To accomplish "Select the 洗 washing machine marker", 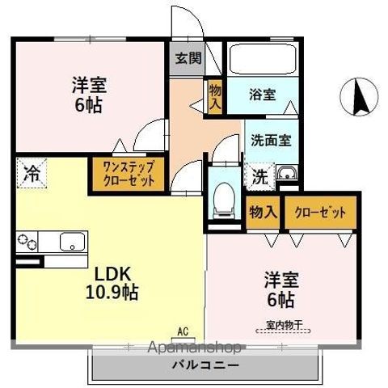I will click(x=260, y=174).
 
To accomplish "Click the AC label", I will click(x=183, y=331).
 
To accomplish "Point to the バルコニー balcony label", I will click(x=205, y=365).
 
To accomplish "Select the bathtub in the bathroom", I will click(x=264, y=59).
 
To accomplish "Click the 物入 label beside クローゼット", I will click(x=264, y=212).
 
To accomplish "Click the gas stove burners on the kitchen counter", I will click(x=28, y=242).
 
